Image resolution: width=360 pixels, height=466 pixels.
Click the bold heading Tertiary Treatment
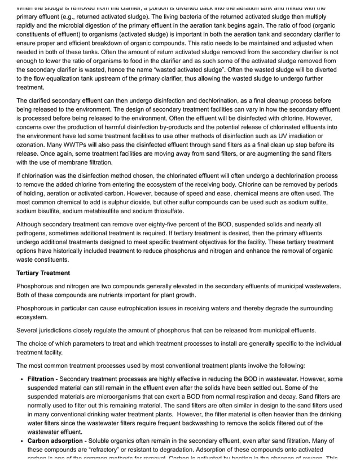coord(43,273)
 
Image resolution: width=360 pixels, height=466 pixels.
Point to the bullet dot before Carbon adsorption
coord(22,441)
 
